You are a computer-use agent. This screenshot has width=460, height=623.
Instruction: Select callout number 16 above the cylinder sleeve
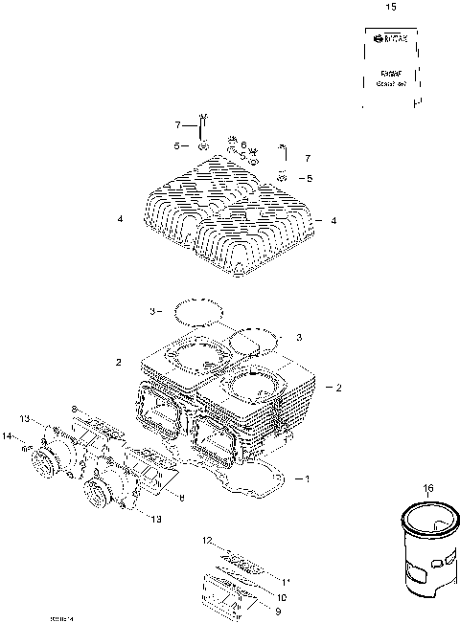pos(427,489)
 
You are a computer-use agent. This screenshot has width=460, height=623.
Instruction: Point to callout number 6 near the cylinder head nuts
pos(244,145)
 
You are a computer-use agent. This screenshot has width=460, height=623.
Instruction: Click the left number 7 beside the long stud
pos(177,125)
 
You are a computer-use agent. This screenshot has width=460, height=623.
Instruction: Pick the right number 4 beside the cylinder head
pos(333,221)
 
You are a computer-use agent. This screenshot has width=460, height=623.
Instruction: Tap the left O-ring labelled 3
pos(198,311)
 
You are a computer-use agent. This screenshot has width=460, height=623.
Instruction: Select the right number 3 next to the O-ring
pos(299,337)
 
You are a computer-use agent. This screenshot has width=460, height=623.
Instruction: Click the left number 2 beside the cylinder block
pos(118,363)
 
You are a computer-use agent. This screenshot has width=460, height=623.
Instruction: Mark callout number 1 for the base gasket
pos(307,478)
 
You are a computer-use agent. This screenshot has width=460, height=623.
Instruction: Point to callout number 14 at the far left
pos(7,436)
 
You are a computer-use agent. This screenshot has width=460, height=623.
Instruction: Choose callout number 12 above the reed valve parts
pos(207,542)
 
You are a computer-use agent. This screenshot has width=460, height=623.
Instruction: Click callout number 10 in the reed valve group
pos(282,596)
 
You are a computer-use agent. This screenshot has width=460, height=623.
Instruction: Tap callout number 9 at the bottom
pos(278,611)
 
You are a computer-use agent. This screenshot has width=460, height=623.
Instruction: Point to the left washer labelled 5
pos(203,146)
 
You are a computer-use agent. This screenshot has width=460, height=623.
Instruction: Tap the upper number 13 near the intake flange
pos(25,417)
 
